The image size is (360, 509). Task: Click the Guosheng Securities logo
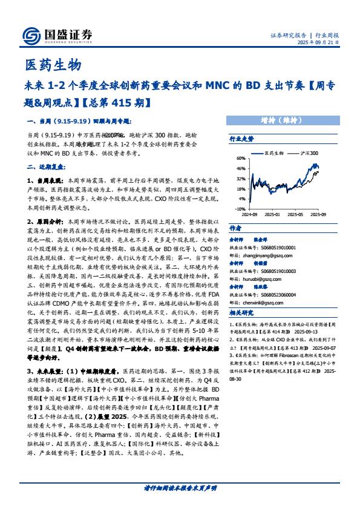point(57,36)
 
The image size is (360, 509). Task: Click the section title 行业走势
point(241,139)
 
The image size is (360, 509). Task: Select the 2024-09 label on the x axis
point(249,214)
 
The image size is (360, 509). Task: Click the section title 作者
point(235,229)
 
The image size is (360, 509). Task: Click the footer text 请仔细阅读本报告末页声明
point(180,487)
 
